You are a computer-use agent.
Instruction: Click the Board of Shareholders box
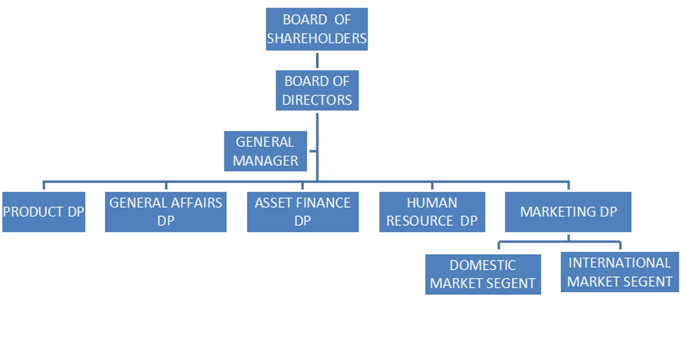tap(316, 29)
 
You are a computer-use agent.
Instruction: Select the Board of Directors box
tap(317, 90)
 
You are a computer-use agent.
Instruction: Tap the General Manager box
tap(265, 151)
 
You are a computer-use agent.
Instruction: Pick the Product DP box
tap(44, 212)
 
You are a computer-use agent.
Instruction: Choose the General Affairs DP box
tap(166, 212)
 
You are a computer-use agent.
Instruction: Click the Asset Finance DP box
tap(303, 212)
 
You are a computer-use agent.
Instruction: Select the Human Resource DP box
tap(432, 212)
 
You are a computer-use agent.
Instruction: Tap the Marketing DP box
tap(568, 212)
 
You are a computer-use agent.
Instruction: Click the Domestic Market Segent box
tap(483, 274)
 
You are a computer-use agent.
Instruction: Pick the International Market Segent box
tap(619, 272)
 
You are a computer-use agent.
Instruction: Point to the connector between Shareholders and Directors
tap(317, 60)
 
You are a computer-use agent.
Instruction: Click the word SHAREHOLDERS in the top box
tap(316, 39)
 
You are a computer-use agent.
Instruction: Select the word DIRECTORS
tap(317, 100)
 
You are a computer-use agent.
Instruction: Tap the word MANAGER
tap(265, 161)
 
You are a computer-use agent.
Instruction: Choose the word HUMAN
tap(432, 203)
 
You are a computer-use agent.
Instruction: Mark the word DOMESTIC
tap(482, 265)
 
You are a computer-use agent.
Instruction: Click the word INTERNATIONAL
tap(619, 263)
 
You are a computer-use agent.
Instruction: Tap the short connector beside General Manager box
tap(312, 151)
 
